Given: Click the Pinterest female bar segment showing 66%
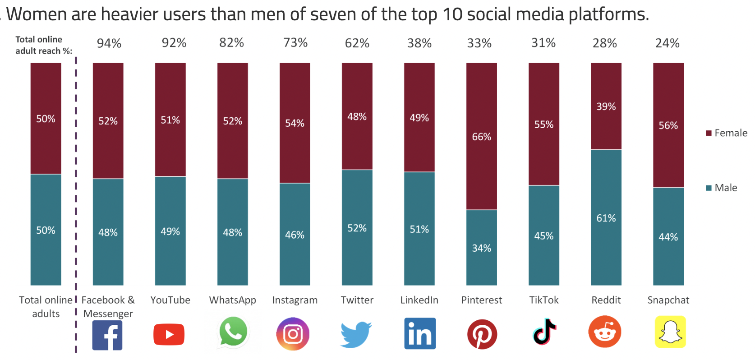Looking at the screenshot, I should [481, 136].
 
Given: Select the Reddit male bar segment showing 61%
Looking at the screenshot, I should [606, 217].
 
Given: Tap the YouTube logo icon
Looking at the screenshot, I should [169, 334].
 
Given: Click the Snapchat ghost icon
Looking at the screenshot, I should [670, 332].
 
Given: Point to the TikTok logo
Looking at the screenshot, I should [544, 332].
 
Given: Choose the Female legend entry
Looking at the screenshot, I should [727, 133].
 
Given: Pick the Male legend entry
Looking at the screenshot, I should [722, 188].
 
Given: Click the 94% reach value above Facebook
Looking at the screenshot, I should [109, 43].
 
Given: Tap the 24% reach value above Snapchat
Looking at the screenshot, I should [667, 43].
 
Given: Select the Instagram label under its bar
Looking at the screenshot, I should [295, 300].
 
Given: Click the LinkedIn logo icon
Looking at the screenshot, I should [420, 333].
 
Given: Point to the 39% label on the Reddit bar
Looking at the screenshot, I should [606, 106].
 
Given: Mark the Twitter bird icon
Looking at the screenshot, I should [356, 334].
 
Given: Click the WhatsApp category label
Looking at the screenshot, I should [232, 300].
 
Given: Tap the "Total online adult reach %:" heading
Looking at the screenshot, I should [43, 45].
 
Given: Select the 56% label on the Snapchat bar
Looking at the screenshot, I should [668, 125].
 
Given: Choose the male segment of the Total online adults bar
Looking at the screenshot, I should [46, 230].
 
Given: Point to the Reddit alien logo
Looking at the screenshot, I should [605, 332].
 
